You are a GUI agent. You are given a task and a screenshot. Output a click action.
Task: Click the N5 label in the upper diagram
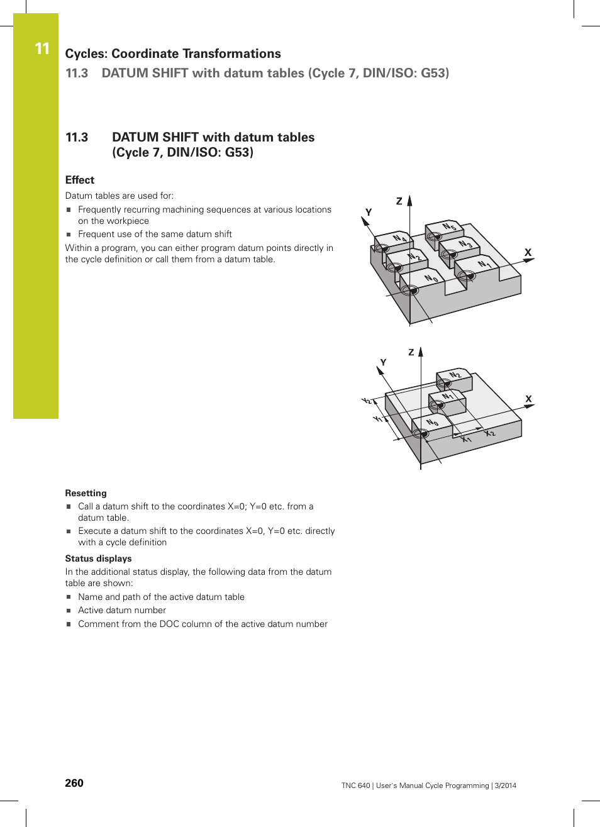click(x=449, y=227)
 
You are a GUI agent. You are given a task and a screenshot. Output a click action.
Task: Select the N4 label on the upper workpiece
click(x=399, y=238)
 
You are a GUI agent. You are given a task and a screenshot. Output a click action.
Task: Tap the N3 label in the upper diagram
click(x=465, y=244)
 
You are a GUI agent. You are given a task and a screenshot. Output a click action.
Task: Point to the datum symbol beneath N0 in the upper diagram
click(x=410, y=290)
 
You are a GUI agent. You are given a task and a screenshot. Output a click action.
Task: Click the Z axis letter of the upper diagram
click(x=399, y=201)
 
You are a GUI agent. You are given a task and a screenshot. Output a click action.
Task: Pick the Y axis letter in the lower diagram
click(x=383, y=362)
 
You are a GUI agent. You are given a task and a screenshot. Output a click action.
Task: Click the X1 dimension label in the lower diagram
click(x=466, y=439)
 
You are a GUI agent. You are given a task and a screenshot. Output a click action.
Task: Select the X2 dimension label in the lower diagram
click(x=490, y=433)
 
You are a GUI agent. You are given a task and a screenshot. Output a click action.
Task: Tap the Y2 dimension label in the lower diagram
click(x=367, y=401)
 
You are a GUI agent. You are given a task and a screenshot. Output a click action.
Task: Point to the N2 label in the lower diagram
click(x=455, y=375)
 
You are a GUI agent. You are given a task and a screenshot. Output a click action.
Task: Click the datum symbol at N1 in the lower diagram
click(x=436, y=405)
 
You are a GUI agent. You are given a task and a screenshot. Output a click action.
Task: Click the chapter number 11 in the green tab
click(x=42, y=48)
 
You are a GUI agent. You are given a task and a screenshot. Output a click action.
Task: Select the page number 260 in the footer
click(x=74, y=783)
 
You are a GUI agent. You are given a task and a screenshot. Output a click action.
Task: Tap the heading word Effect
click(x=80, y=180)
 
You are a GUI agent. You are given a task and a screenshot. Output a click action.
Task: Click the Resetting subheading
click(x=86, y=493)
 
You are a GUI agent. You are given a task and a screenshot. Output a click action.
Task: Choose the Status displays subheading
click(x=98, y=558)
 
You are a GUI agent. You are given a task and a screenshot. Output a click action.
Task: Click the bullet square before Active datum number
click(x=69, y=611)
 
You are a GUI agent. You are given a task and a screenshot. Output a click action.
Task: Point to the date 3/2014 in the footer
click(x=505, y=785)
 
